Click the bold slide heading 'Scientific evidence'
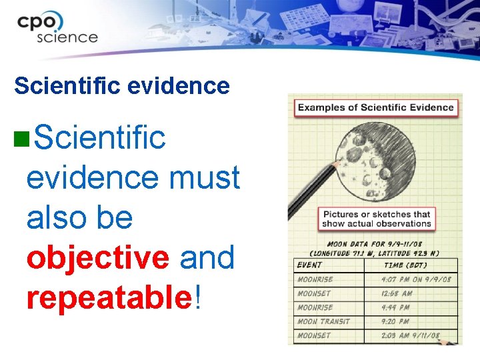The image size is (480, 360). click(122, 86)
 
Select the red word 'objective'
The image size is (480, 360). click(98, 258)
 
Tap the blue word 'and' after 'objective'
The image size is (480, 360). click(207, 258)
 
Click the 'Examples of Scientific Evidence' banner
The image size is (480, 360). click(375, 107)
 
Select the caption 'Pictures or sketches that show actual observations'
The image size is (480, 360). click(377, 219)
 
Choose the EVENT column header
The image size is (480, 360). click(309, 265)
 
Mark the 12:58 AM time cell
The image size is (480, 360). click(397, 293)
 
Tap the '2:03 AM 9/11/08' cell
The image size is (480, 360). click(411, 335)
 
